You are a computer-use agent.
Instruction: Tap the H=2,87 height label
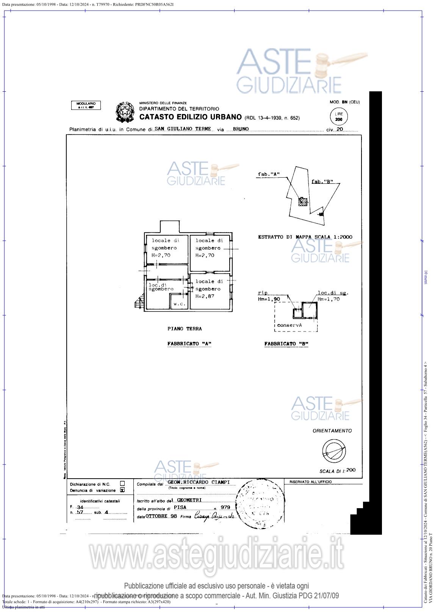(205, 296)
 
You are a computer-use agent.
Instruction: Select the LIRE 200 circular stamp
(339, 117)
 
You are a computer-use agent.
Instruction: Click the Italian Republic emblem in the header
(125, 112)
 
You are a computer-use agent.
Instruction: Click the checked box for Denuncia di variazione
(122, 490)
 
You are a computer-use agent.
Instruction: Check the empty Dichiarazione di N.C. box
(122, 484)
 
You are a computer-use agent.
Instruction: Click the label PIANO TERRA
(185, 329)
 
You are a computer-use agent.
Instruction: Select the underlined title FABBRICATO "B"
(286, 344)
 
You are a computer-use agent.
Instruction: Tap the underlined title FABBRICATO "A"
(189, 344)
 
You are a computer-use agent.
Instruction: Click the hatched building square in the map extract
(302, 202)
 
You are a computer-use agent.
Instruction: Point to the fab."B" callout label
(322, 182)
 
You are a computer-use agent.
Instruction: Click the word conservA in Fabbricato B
(289, 325)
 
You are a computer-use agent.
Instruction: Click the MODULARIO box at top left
(86, 105)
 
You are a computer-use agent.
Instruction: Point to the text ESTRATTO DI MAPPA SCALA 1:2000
(305, 237)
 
